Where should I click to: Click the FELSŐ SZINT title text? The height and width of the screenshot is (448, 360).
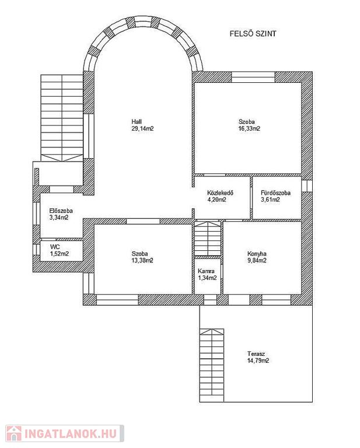[253, 34]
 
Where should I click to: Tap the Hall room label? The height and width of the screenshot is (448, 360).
[137, 122]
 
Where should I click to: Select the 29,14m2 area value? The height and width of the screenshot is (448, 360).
[142, 128]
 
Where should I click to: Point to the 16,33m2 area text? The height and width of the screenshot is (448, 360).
[249, 128]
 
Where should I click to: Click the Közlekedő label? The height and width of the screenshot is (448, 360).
[221, 193]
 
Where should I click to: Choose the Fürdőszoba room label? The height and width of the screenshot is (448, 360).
[276, 193]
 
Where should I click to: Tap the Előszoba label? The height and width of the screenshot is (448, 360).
[61, 211]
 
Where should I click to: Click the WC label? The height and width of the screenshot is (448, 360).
[55, 247]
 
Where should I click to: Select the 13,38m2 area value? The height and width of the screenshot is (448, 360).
[142, 261]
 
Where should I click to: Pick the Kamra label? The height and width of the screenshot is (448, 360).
[207, 271]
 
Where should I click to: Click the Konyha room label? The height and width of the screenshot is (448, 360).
[257, 254]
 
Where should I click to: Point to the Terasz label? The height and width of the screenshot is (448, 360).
[256, 353]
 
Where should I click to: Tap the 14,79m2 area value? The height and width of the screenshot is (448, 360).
[258, 360]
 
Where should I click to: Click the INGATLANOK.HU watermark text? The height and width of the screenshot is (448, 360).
[71, 434]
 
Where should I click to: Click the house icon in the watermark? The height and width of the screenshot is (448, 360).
[14, 433]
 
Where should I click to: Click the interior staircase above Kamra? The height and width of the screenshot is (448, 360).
[208, 238]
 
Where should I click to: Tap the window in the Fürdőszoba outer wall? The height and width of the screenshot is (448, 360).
[307, 185]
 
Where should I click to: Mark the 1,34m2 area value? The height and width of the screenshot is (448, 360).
[208, 278]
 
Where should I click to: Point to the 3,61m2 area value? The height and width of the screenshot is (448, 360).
[270, 199]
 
